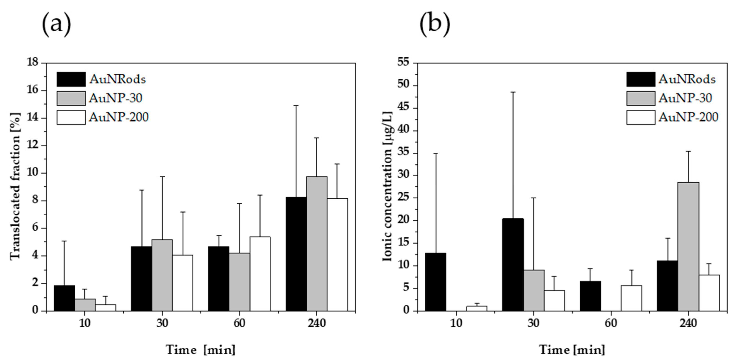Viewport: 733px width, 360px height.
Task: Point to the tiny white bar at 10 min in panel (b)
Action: [476, 308]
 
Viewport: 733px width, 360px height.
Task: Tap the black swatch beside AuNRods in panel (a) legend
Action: [71, 79]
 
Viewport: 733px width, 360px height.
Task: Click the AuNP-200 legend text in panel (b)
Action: [688, 117]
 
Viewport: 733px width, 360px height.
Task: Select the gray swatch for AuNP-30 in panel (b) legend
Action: [641, 98]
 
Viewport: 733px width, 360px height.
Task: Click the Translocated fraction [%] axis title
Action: [16, 186]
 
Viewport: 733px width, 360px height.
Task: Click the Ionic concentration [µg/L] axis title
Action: [387, 186]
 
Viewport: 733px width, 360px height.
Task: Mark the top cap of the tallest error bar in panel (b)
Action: [513, 92]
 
